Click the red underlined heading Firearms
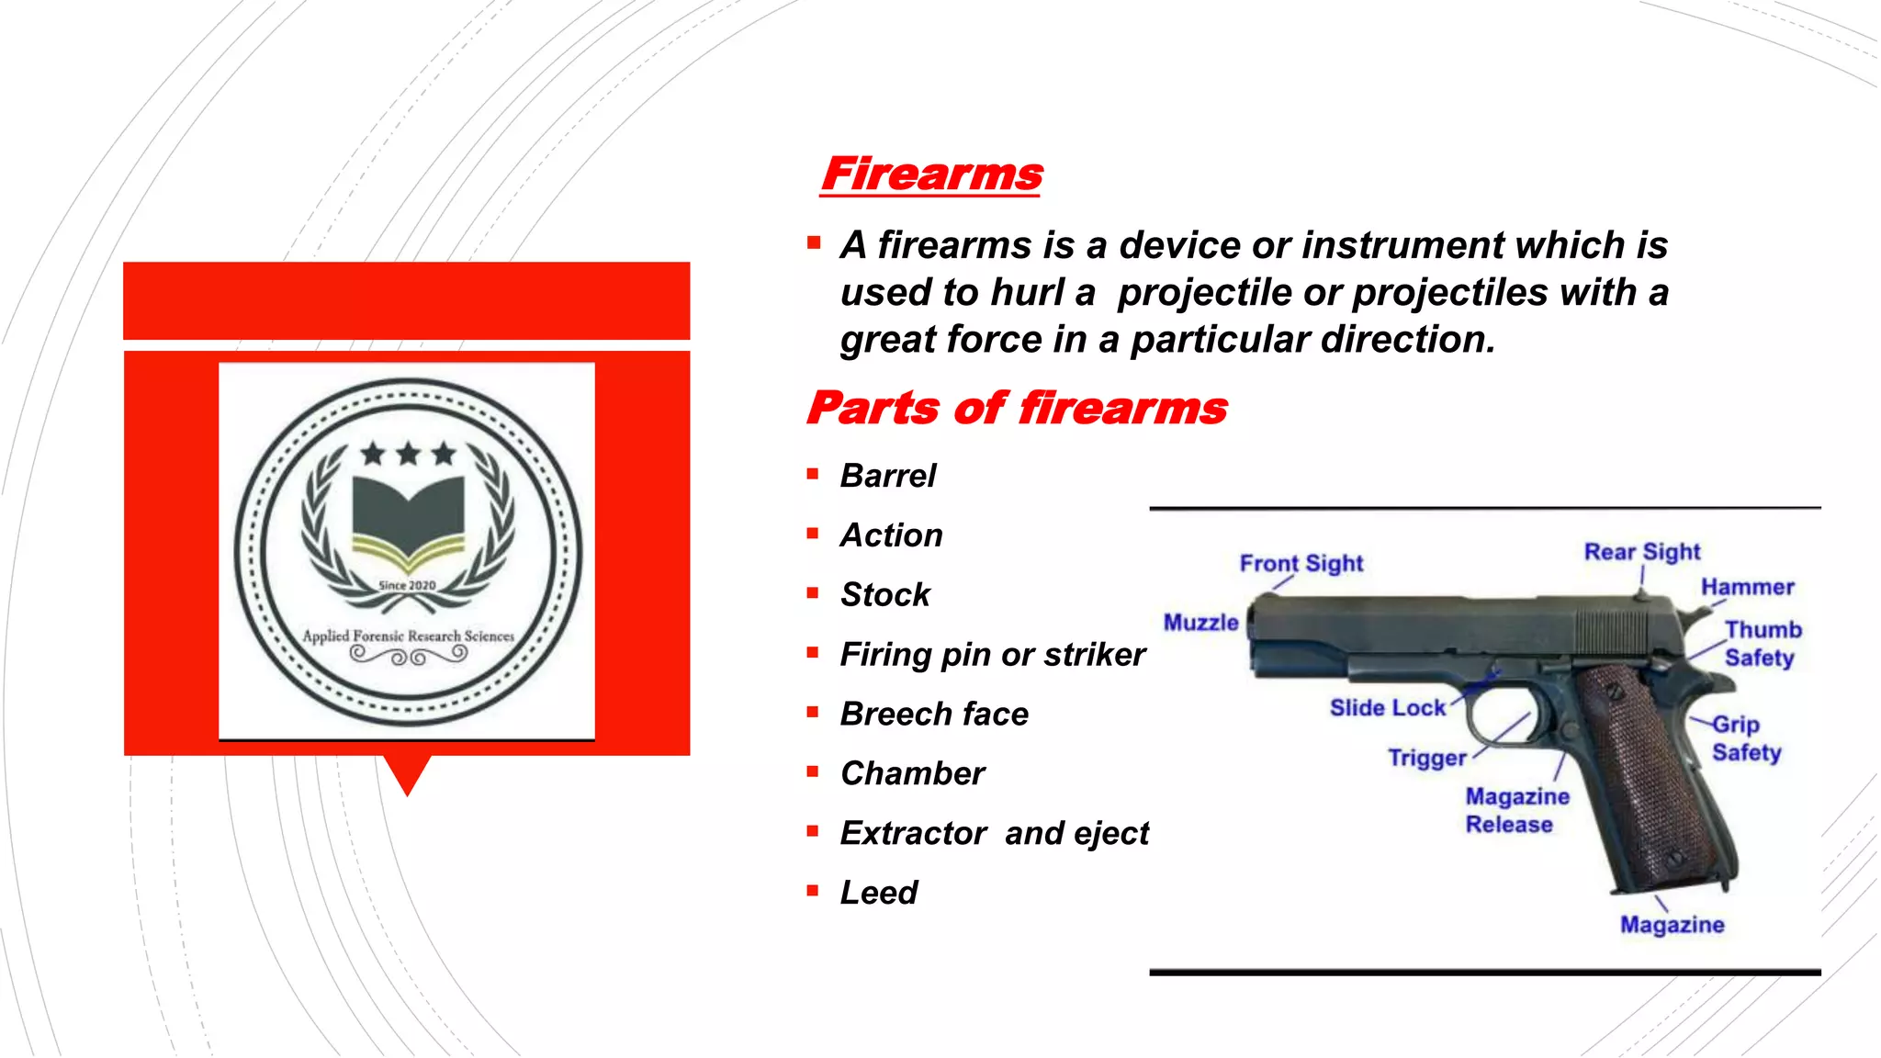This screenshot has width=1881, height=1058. click(932, 174)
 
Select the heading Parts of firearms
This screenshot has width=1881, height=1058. click(1017, 408)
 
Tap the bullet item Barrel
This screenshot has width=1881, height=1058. click(888, 476)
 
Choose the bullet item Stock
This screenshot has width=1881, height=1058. click(885, 595)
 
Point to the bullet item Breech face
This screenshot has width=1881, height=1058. click(934, 714)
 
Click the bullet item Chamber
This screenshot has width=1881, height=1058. click(912, 773)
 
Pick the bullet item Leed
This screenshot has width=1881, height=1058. click(879, 893)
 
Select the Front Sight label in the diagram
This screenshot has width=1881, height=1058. click(1301, 563)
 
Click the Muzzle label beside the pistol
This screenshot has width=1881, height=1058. click(1200, 623)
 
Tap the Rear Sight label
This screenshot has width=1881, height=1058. click(1642, 552)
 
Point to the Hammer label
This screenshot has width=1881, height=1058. click(1747, 587)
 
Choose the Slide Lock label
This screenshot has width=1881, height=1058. click(1387, 708)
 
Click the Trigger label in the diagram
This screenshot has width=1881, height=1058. click(1426, 758)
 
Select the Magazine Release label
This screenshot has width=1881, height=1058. click(1516, 810)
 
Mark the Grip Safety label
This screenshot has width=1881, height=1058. click(1745, 738)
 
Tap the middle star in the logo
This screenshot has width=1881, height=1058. click(409, 453)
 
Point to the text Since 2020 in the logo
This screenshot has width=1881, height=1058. click(408, 586)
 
